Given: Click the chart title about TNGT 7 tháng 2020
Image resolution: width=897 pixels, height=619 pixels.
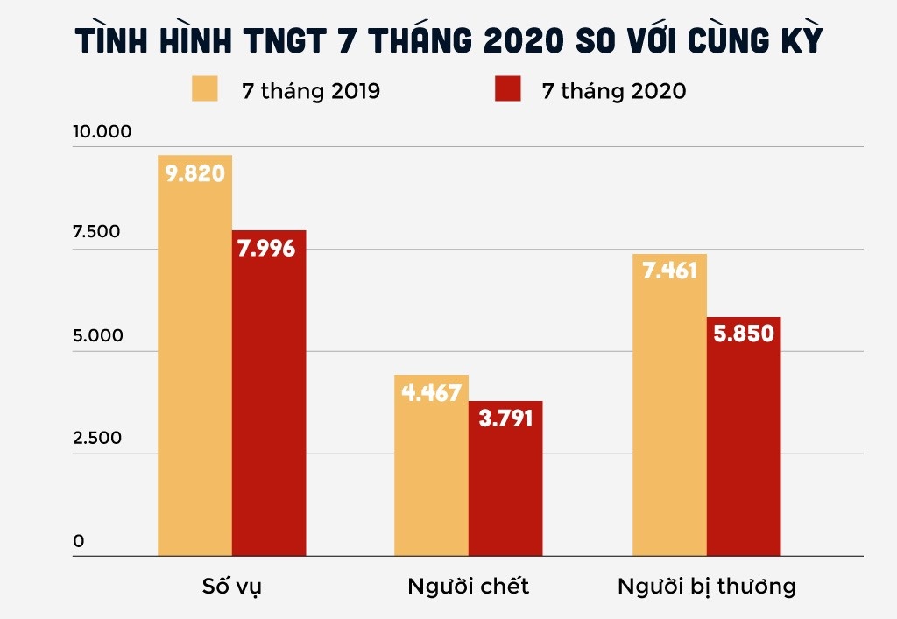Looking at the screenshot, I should [x=448, y=42].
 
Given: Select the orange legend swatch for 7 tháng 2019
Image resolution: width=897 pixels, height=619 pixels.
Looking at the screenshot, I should [x=205, y=89].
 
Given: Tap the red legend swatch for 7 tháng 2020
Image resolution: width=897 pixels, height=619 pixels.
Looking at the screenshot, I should [x=507, y=89].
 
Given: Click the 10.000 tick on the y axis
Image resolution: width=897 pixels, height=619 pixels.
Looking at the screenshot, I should [x=102, y=132].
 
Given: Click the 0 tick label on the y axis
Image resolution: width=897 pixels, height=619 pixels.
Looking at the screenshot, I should [x=79, y=541].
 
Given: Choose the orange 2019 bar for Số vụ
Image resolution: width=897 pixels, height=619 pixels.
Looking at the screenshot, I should [x=194, y=368].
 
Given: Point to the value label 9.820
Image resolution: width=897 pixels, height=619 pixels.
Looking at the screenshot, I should [x=194, y=173].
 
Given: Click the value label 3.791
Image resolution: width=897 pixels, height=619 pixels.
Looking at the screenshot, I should [x=505, y=419].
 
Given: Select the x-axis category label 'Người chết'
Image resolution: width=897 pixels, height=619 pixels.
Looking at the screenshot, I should [x=469, y=586].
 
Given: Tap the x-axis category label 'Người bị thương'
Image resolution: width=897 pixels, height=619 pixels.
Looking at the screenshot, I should [x=707, y=586].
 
